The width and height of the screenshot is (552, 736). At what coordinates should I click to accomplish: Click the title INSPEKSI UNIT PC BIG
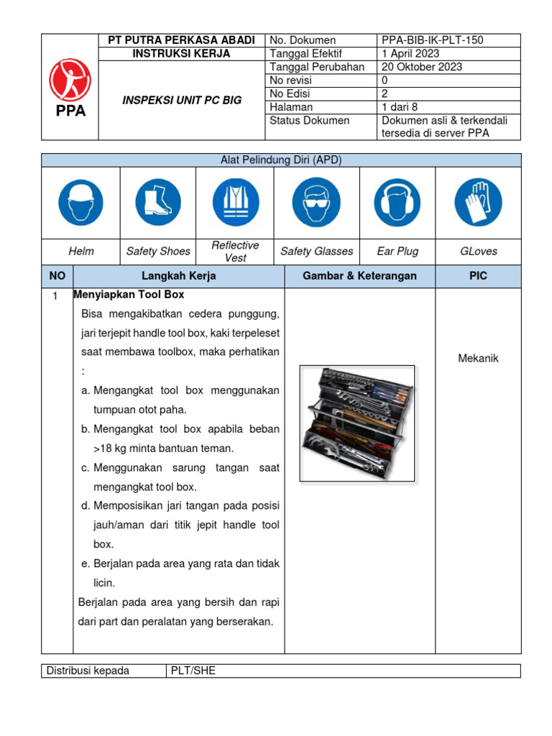coord(181,100)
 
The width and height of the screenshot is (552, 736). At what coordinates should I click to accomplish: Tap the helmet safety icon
coord(81,202)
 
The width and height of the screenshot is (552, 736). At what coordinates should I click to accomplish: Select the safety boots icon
coord(158,202)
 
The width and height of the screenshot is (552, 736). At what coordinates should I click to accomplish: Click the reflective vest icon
coord(236,202)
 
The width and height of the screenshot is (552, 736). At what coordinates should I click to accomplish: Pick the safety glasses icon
coord(317,202)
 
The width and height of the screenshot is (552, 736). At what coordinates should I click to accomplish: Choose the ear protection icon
coord(397,202)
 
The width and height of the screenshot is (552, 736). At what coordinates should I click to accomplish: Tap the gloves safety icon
coord(478,202)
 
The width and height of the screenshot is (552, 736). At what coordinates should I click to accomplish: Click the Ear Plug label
coord(397,252)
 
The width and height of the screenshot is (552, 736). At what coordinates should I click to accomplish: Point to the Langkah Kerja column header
coord(179,276)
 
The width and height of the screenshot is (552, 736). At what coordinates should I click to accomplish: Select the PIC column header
coord(478,276)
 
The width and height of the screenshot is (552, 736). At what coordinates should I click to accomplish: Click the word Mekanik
coord(478,358)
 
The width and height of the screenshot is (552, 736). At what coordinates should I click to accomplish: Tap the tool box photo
coord(357,423)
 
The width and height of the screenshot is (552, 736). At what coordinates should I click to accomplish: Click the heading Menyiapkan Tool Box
coord(129,295)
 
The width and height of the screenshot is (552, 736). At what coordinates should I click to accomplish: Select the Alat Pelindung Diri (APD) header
coord(280,160)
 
